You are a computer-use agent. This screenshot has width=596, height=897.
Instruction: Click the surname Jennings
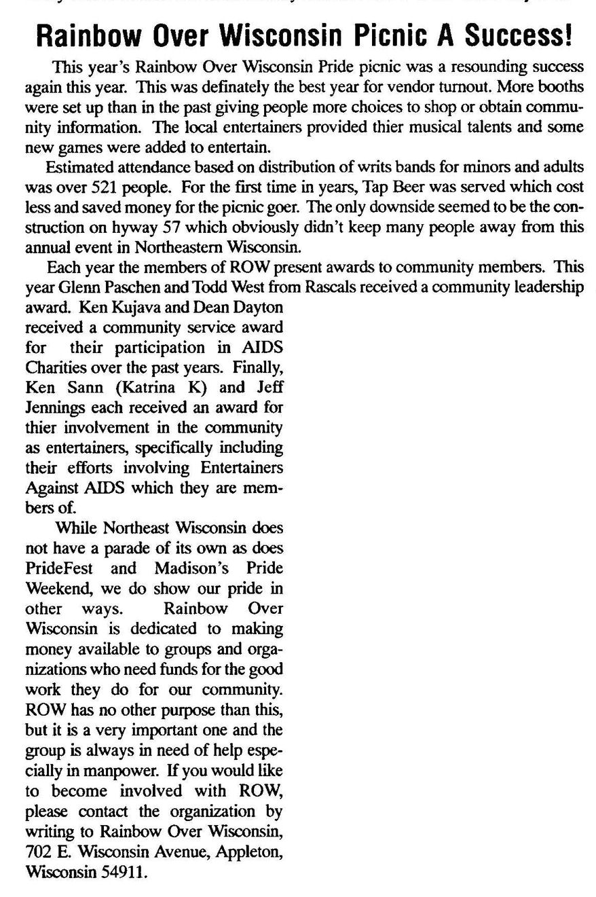click(53, 408)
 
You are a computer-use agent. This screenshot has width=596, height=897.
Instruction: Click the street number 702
click(38, 851)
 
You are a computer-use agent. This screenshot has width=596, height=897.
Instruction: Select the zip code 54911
click(122, 871)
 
